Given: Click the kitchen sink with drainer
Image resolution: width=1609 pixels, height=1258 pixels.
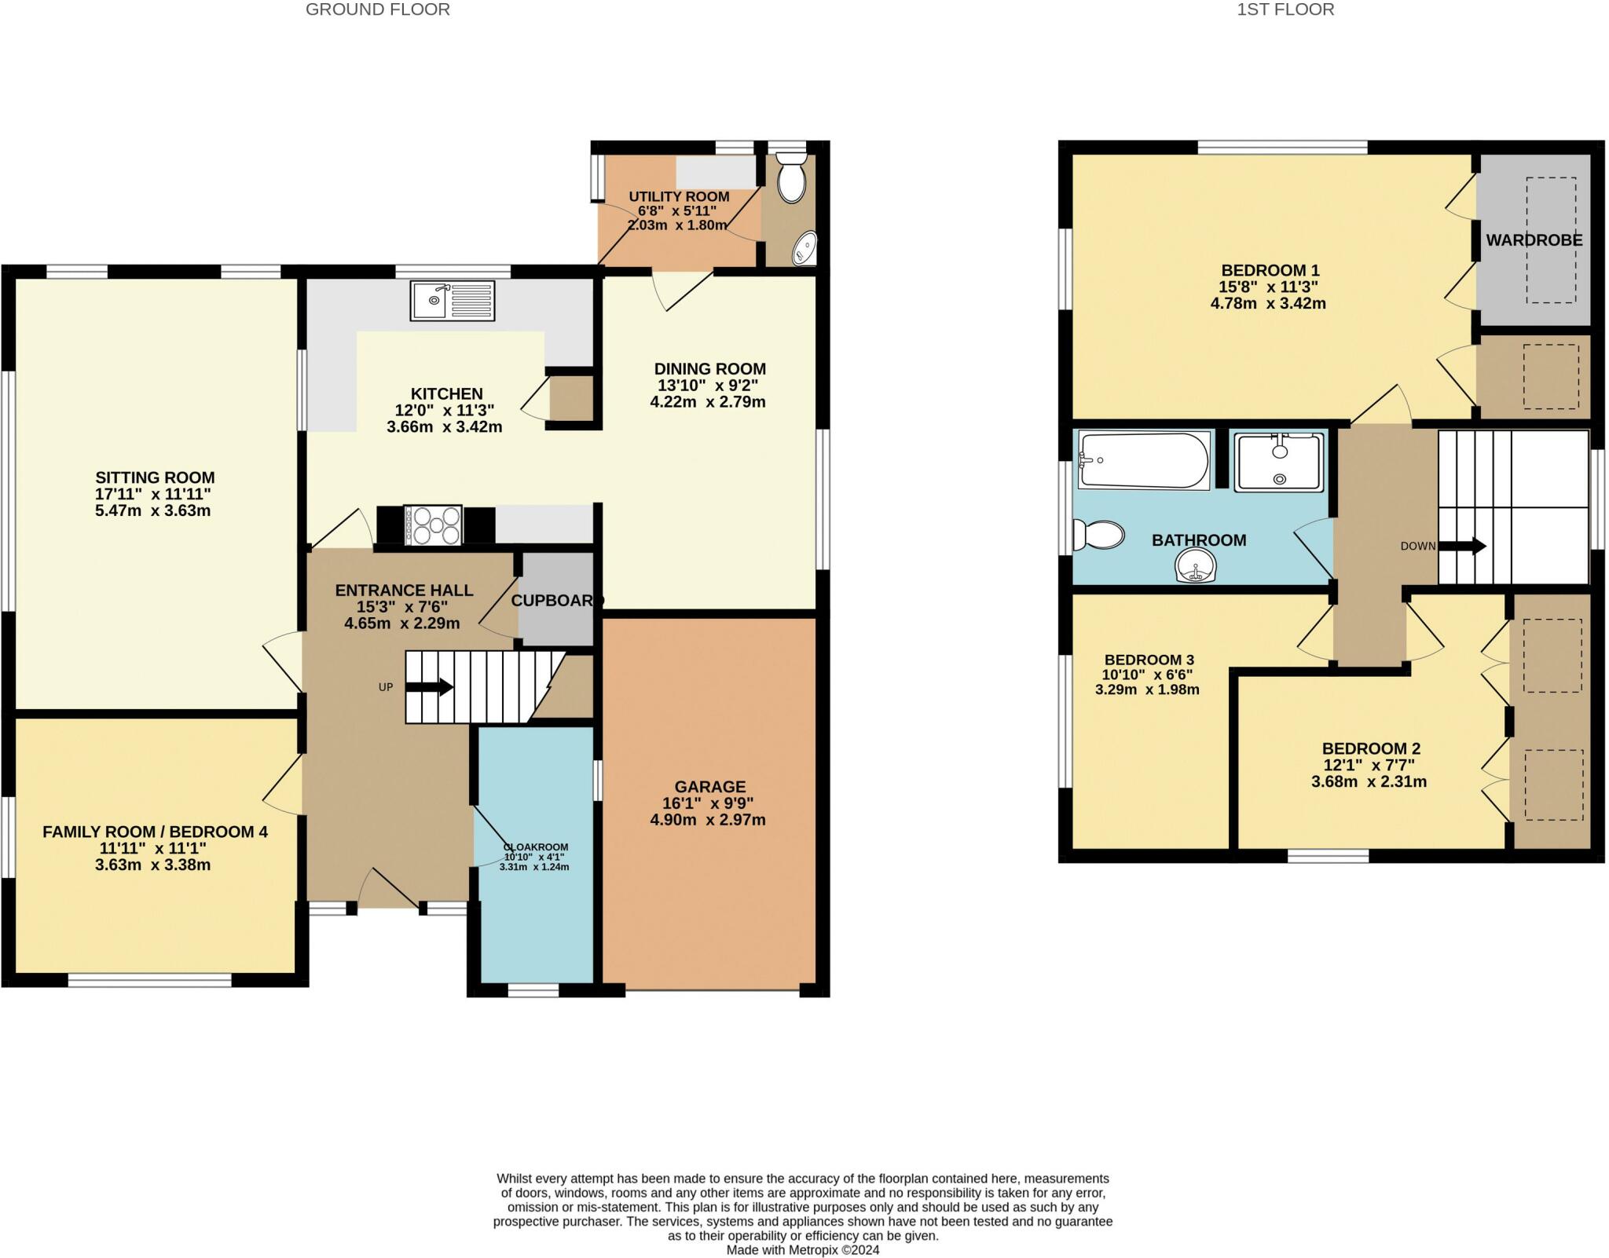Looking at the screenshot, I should pos(452,301).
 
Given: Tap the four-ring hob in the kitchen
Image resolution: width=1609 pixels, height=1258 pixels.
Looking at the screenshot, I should pos(433,525).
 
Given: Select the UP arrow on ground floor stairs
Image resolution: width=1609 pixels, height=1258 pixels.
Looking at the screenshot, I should pos(429,687).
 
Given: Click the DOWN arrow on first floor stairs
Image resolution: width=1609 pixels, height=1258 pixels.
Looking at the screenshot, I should pos(1461,546).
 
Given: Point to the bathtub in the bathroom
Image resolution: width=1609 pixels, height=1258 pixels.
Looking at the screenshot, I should pos(1144,461).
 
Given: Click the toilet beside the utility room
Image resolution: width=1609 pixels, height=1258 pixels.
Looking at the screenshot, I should pos(790,178).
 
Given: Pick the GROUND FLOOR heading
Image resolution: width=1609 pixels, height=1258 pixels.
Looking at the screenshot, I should pos(377,9).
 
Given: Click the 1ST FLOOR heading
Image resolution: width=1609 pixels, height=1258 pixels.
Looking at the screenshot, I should pos(1285,9).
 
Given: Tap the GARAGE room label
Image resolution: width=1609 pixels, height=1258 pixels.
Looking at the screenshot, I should pos(709,787).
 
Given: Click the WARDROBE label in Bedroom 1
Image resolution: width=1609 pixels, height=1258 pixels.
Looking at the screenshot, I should pos(1534,240).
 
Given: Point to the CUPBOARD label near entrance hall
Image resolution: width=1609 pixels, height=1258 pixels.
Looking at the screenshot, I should pos(557,601).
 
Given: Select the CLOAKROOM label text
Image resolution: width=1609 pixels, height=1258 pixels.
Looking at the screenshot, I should pos(535,847).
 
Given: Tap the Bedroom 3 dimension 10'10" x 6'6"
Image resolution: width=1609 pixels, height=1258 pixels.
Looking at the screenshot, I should pos(1147,675).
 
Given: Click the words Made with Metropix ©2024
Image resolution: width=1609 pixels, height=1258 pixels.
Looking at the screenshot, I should pos(802,1249).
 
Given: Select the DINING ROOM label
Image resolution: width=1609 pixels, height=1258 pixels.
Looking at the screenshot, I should pos(709,368).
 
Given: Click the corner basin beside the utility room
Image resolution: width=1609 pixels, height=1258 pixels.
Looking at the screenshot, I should pos(805,250).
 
